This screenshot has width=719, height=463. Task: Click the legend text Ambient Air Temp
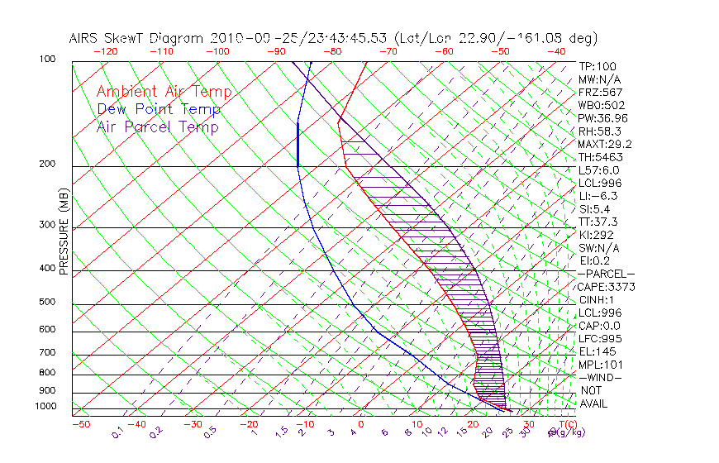(164, 93)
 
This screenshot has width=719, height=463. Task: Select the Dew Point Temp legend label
(158, 110)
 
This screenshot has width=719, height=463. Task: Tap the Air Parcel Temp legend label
(157, 127)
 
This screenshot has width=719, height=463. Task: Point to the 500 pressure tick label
(48, 303)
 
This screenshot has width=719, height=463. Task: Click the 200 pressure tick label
(48, 165)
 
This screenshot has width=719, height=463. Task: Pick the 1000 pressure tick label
(46, 407)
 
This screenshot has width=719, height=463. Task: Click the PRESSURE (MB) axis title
(64, 234)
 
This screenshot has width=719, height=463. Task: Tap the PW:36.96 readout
(602, 118)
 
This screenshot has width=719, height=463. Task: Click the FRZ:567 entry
(600, 93)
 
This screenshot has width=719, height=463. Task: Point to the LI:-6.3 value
(598, 196)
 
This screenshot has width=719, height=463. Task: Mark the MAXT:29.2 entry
(605, 144)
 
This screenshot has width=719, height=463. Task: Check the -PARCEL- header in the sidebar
(606, 274)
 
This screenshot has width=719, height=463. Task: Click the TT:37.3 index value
(598, 222)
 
